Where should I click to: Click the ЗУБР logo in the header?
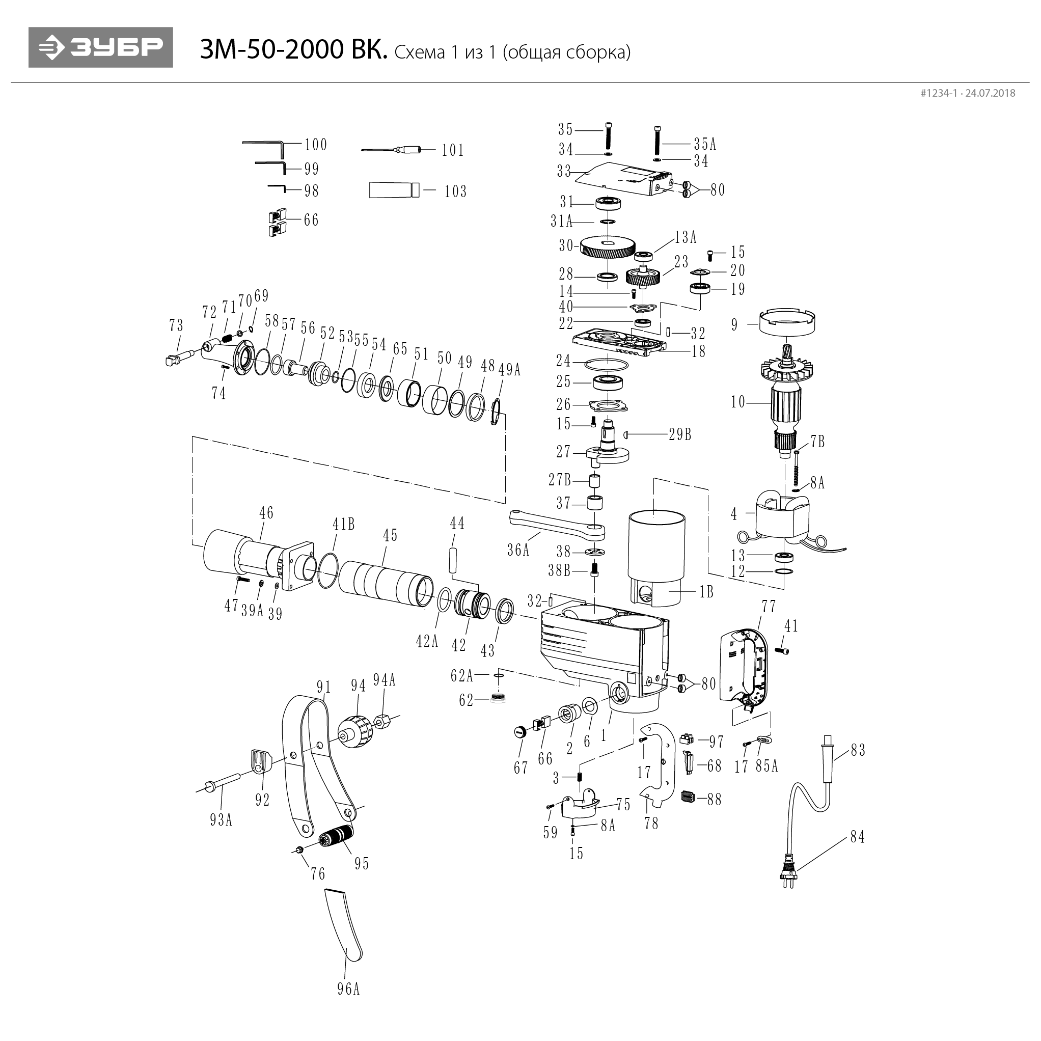tap(101, 47)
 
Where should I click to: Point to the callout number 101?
tap(453, 150)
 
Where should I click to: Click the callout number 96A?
tap(349, 1004)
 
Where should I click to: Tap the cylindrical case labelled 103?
tap(393, 190)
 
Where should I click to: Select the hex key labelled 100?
tap(264, 146)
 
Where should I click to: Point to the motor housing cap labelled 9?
tap(786, 322)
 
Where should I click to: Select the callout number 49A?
tap(509, 370)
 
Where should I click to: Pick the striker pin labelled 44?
tap(453, 560)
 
